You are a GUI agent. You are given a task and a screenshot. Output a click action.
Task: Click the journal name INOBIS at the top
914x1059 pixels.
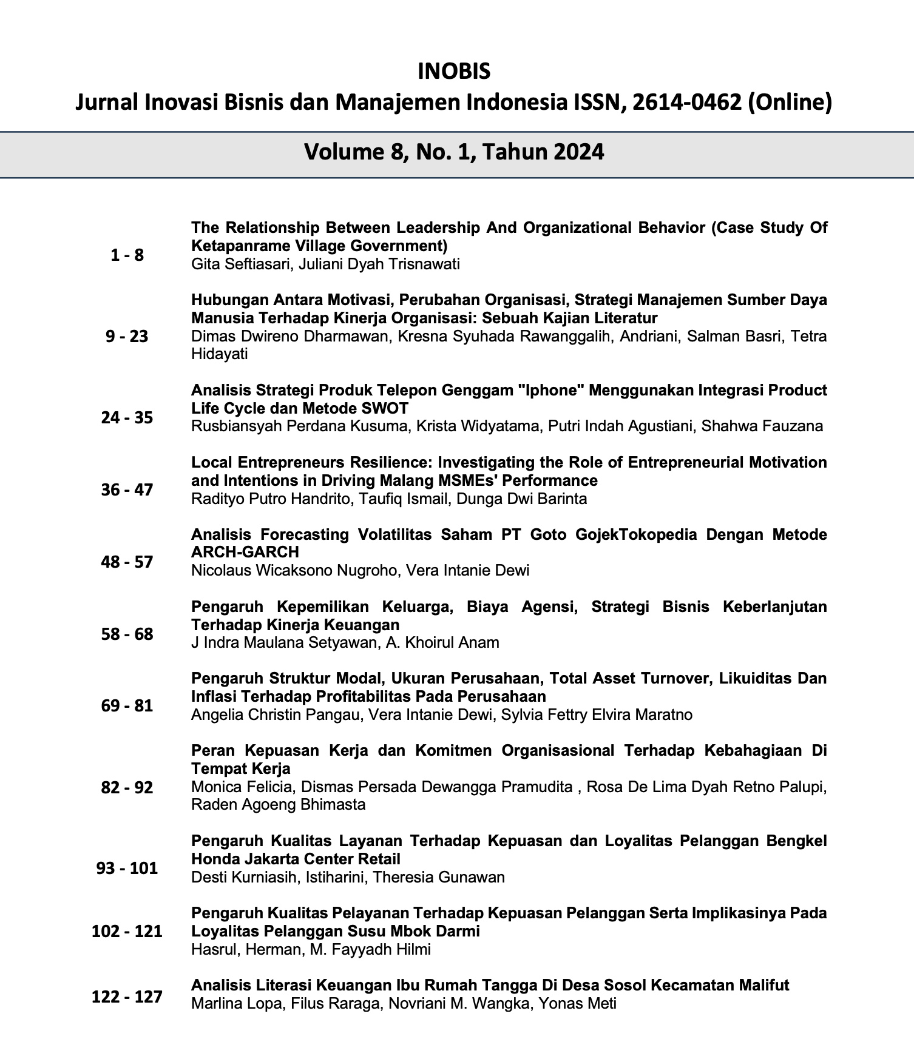(454, 72)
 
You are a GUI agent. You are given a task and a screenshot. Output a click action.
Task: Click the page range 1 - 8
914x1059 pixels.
(127, 255)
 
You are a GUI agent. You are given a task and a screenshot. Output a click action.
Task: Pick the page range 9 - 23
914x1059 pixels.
(127, 337)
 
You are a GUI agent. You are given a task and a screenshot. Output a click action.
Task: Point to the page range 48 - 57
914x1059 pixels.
(127, 562)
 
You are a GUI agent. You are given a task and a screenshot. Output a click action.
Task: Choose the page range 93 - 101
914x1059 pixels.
(127, 868)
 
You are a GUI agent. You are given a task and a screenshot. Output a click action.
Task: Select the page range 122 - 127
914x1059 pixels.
(127, 996)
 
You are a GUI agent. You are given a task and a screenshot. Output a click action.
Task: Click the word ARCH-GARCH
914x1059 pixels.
(245, 553)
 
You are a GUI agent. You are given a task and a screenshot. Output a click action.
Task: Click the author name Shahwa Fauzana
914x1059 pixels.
(762, 426)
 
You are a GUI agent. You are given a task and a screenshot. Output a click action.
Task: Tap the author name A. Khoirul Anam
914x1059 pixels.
(442, 643)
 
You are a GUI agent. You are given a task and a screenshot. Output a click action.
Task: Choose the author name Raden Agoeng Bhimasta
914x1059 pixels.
(279, 805)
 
